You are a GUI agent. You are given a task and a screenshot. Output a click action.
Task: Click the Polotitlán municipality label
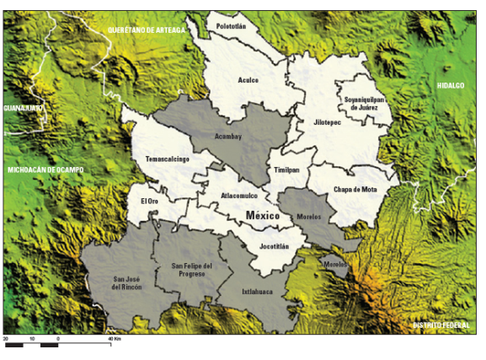(x=231, y=26)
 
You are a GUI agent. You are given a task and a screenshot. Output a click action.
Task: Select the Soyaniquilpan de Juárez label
(x=364, y=104)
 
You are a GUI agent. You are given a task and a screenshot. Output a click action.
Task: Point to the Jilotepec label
(x=324, y=122)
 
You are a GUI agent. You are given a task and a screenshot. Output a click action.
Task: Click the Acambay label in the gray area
(x=227, y=135)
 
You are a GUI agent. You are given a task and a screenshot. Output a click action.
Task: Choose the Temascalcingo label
(x=167, y=159)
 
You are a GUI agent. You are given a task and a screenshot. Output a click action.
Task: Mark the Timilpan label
(x=286, y=169)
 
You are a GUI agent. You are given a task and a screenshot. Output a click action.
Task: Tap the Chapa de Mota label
(x=355, y=190)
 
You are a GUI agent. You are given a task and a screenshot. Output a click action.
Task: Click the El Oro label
(x=149, y=201)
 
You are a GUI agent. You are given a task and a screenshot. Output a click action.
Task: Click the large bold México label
(x=262, y=216)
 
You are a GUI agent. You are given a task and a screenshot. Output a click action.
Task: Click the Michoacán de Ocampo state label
(x=46, y=169)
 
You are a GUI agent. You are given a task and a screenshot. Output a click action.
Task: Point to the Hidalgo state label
(x=451, y=86)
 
